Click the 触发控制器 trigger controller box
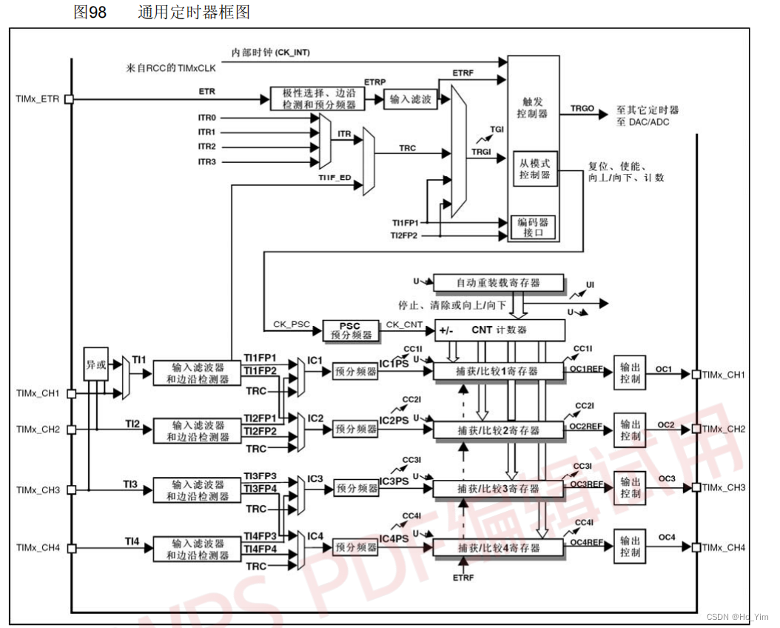[x=532, y=107]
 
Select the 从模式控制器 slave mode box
[x=535, y=169]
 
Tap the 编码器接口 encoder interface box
[x=533, y=227]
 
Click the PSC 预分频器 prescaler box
[x=349, y=330]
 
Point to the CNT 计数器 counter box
[x=499, y=330]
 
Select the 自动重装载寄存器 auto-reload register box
[x=498, y=283]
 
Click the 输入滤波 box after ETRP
[x=411, y=99]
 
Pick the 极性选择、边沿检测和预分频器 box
[x=314, y=99]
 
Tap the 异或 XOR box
[x=96, y=364]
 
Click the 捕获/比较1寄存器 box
[x=498, y=370]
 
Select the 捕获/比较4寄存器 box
[x=498, y=548]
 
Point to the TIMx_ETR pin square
[x=69, y=98]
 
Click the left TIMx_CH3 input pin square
[x=71, y=490]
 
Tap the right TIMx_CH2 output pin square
[x=696, y=429]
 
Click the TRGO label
[x=582, y=109]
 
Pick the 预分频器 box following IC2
[x=356, y=429]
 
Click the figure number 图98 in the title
[x=90, y=13]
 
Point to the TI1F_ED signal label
[x=334, y=178]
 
